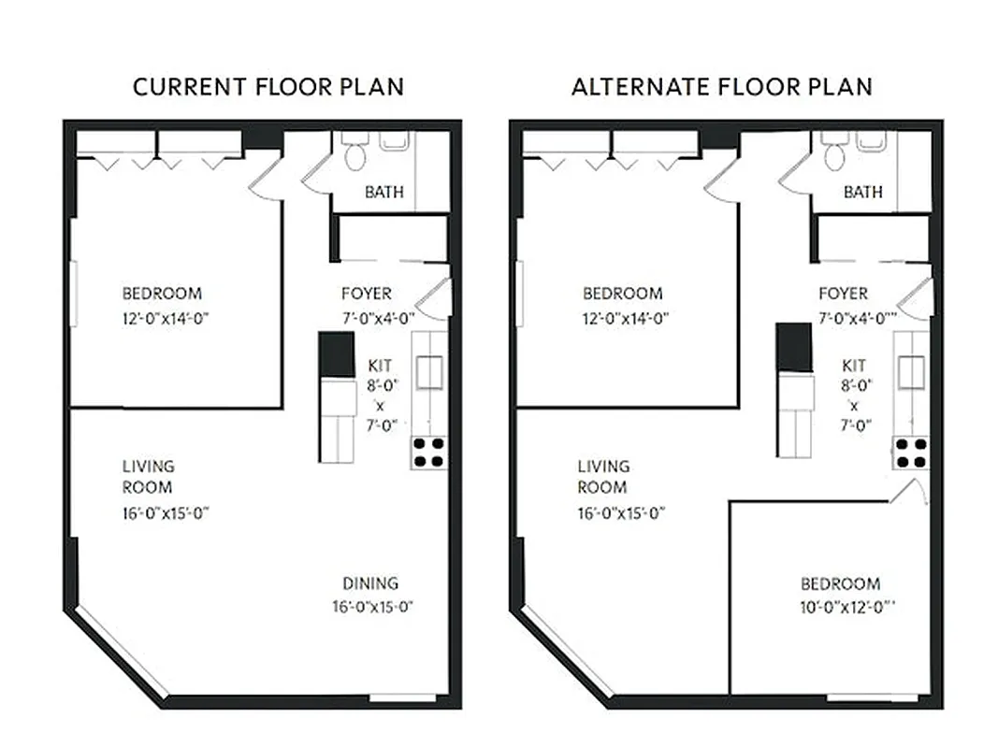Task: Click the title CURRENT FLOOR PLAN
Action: pos(268,87)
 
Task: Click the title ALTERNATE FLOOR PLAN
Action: pos(721,87)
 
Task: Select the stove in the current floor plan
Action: pos(429,453)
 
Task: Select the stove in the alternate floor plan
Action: pos(911,453)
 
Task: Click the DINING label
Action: pos(369,583)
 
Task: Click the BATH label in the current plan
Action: pos(384,193)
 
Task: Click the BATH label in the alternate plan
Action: pos(862,193)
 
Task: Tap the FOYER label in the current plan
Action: pos(366,294)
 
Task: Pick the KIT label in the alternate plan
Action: pos(854,366)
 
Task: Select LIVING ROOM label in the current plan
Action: pos(148,477)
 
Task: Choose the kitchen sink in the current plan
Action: pos(430,372)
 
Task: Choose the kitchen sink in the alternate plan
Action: pos(912,372)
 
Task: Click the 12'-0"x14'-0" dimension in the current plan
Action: pos(164,318)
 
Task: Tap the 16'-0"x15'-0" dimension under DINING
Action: pos(372,607)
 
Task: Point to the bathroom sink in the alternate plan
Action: pos(871,140)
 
